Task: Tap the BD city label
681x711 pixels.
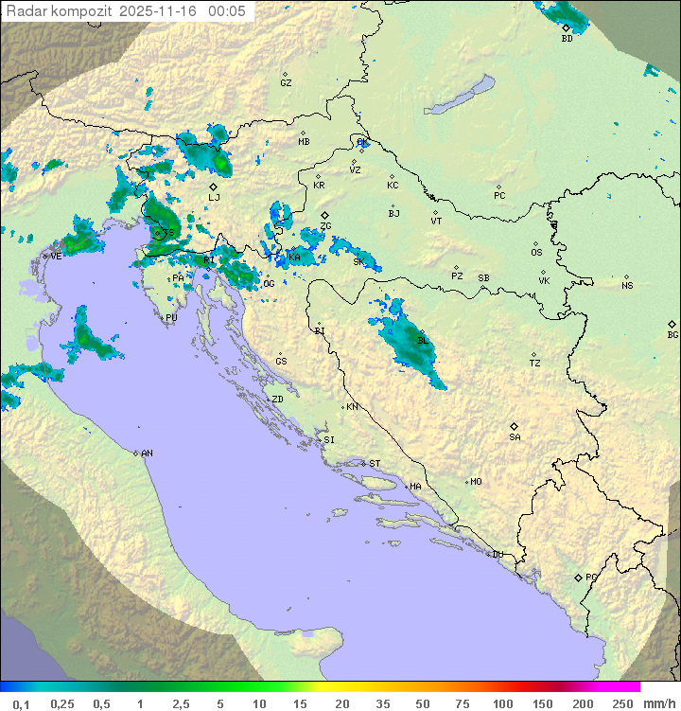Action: click(x=567, y=39)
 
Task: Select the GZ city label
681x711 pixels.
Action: click(x=286, y=82)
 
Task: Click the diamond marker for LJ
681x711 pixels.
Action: click(x=213, y=187)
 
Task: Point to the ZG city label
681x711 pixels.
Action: click(x=325, y=226)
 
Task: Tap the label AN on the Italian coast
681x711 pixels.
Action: click(x=147, y=453)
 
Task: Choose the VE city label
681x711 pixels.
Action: click(x=56, y=256)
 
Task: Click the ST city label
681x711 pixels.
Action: click(x=375, y=463)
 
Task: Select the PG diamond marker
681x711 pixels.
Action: click(x=578, y=577)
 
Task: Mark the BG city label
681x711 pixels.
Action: click(x=672, y=334)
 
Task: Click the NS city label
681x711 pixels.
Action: click(x=627, y=286)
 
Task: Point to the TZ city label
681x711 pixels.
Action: click(x=535, y=364)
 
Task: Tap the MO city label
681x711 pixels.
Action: click(x=476, y=481)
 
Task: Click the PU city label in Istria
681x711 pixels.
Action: click(x=171, y=318)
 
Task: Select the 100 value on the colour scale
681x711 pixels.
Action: click(x=502, y=703)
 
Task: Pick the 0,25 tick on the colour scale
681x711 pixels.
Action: click(x=62, y=703)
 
